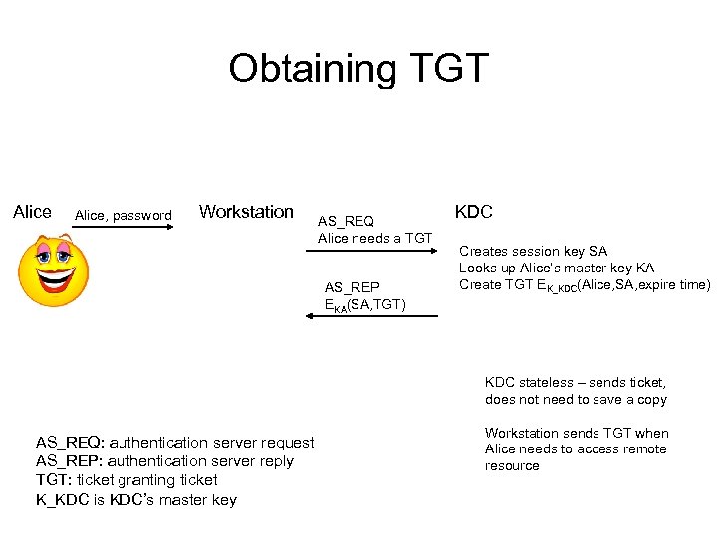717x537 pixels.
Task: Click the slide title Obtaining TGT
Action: click(358, 68)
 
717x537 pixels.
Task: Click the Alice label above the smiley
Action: click(32, 211)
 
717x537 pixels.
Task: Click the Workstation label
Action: click(246, 211)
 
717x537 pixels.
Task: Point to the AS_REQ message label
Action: click(346, 221)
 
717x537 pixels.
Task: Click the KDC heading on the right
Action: click(473, 212)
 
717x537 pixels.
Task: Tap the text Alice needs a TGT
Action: click(374, 238)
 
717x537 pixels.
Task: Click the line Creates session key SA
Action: click(533, 252)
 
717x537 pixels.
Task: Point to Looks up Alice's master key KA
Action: click(556, 268)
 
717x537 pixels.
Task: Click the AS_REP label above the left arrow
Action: click(352, 287)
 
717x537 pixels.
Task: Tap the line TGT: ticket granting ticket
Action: click(126, 479)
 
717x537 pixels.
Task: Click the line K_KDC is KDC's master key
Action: click(135, 499)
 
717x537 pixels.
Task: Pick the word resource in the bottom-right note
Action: click(512, 465)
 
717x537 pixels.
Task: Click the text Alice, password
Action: click(123, 215)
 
